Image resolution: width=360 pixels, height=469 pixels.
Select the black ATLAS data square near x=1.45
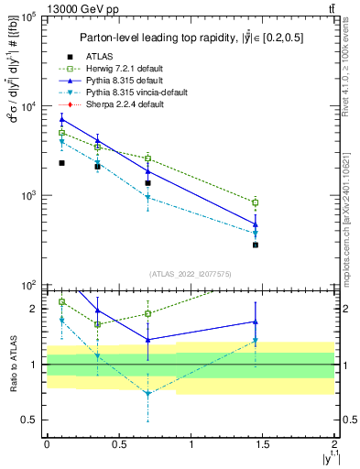point(256,245)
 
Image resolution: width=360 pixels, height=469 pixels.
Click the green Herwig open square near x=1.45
point(256,202)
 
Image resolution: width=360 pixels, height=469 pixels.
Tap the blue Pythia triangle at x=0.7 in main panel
point(147,171)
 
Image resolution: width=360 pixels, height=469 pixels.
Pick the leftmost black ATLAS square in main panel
point(61,163)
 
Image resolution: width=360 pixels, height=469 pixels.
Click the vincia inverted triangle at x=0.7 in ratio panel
point(147,394)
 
